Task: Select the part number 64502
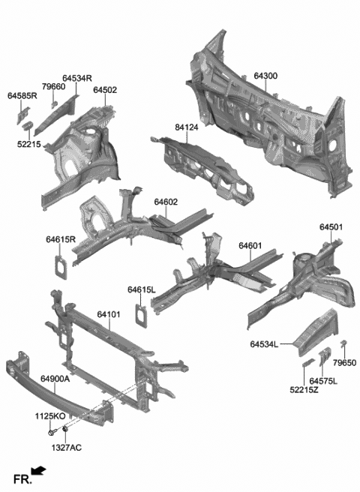[x=105, y=90]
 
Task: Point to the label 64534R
[x=77, y=78]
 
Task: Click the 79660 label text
[x=53, y=87]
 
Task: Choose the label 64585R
[x=22, y=96]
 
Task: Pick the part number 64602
[x=166, y=202]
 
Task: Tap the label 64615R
[x=61, y=240]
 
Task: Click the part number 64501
[x=331, y=227]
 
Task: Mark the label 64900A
[x=55, y=379]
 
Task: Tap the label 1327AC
[x=67, y=448]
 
